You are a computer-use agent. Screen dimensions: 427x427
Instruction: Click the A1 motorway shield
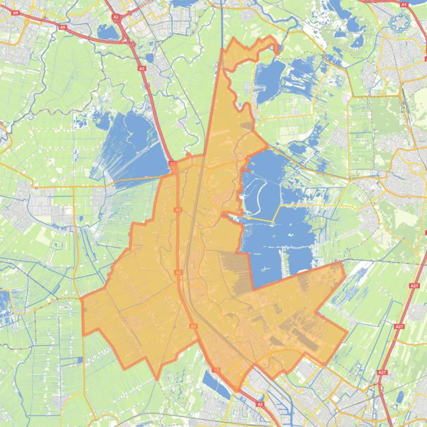coord(404,4)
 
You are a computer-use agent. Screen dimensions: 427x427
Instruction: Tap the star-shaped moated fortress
coord(398,23)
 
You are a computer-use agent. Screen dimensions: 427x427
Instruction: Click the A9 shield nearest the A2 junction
coord(62,27)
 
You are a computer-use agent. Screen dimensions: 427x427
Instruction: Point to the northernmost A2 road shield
coord(115,17)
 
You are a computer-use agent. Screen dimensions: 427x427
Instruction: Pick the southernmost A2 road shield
coord(260,404)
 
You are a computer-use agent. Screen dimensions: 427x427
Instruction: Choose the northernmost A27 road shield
coord(414,285)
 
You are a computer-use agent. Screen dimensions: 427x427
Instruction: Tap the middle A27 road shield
coord(399,327)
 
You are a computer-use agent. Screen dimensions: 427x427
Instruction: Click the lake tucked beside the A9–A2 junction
coord(108,32)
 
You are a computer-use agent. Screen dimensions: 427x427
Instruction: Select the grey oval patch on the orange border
coord(246,126)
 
